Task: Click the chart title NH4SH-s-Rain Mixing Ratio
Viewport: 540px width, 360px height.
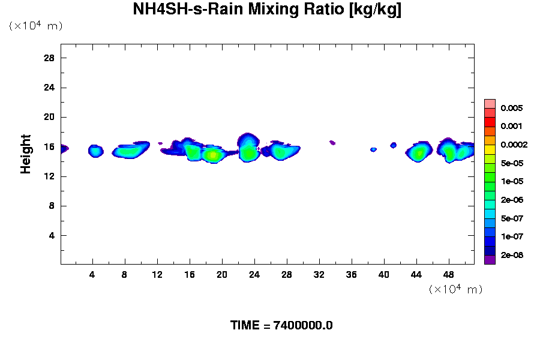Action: pyautogui.click(x=267, y=10)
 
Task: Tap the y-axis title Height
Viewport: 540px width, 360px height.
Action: pyautogui.click(x=26, y=154)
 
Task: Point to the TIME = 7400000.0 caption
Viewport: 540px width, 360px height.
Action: pyautogui.click(x=281, y=326)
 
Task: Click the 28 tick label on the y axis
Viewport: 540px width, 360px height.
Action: pyautogui.click(x=49, y=58)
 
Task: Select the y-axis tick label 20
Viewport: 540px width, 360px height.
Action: pyautogui.click(x=49, y=117)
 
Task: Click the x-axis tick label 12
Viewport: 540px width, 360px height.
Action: pyautogui.click(x=157, y=274)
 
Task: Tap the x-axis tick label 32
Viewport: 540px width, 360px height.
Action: pyautogui.click(x=319, y=274)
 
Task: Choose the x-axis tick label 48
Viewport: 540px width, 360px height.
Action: pyautogui.click(x=448, y=274)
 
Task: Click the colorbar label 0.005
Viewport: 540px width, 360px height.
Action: pyautogui.click(x=512, y=109)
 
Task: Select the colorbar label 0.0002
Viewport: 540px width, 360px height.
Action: pyautogui.click(x=514, y=145)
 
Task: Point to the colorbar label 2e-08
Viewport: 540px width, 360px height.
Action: pyautogui.click(x=512, y=255)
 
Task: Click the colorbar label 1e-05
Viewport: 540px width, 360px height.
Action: pyautogui.click(x=512, y=181)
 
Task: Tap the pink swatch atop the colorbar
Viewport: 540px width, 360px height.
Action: pyautogui.click(x=490, y=103)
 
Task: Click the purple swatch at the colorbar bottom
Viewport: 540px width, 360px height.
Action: pyautogui.click(x=490, y=259)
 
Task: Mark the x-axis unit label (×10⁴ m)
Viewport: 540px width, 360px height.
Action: pyautogui.click(x=455, y=289)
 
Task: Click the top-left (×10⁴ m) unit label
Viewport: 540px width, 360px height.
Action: pyautogui.click(x=35, y=26)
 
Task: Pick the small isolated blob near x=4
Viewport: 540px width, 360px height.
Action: pyautogui.click(x=95, y=151)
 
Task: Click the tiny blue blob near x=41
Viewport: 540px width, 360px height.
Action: pyautogui.click(x=394, y=145)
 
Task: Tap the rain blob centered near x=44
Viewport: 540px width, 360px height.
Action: pyautogui.click(x=419, y=152)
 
